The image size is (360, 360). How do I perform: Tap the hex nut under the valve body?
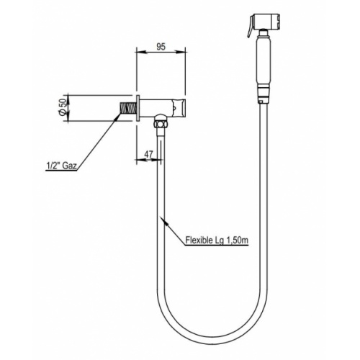[x=160, y=127]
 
